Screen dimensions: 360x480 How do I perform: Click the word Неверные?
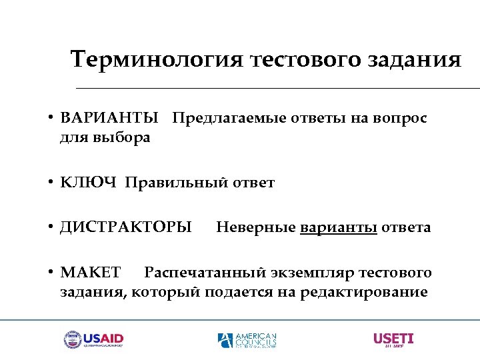point(256,228)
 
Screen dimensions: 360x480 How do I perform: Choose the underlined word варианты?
point(339,228)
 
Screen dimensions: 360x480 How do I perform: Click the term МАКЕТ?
point(91,273)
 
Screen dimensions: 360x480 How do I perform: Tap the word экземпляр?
point(312,273)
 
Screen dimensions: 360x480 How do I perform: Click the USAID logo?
point(94,340)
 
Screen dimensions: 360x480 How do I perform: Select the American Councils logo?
point(247,340)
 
